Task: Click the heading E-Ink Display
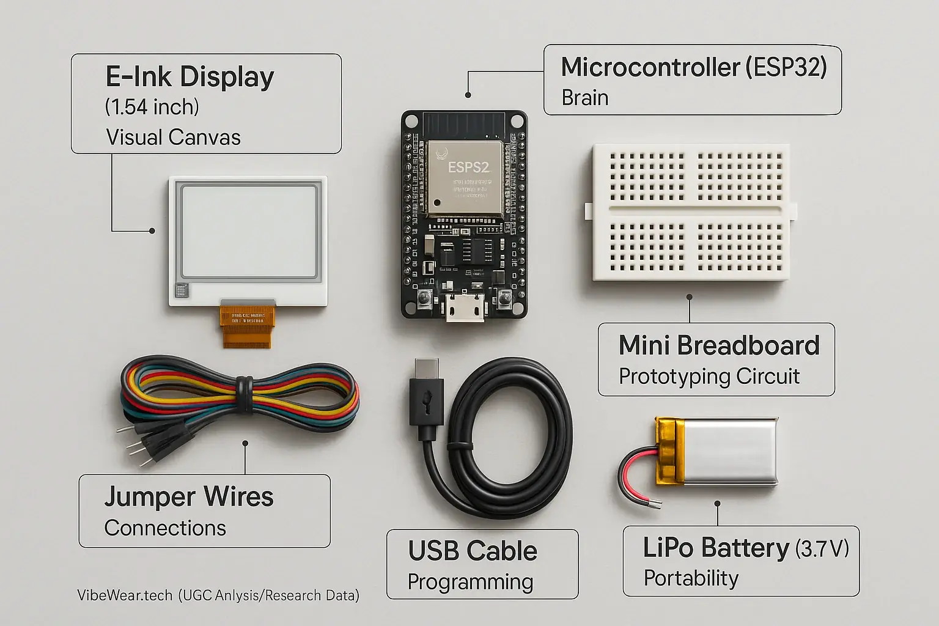(x=190, y=78)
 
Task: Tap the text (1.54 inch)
(x=152, y=108)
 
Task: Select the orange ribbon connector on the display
(x=246, y=324)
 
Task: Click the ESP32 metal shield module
(x=465, y=178)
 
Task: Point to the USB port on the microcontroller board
(x=465, y=308)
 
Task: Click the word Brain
(x=584, y=98)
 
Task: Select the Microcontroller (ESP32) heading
(x=693, y=67)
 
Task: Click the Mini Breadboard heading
(x=718, y=346)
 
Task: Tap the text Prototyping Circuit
(x=709, y=377)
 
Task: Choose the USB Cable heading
(x=473, y=551)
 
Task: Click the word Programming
(x=470, y=582)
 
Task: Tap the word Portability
(x=691, y=578)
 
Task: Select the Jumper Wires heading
(x=188, y=497)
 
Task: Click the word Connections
(x=165, y=528)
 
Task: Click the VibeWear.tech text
(x=125, y=595)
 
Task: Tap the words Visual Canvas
(x=173, y=138)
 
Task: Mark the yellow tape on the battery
(x=670, y=452)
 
